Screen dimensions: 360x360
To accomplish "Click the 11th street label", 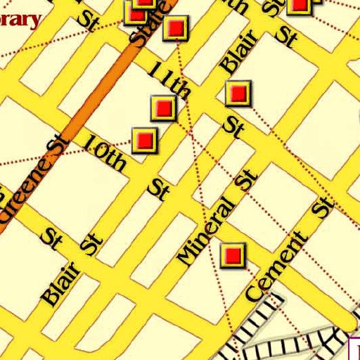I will point(170,80).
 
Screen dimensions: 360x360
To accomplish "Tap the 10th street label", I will point(104,152).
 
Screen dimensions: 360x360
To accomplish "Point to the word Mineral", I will point(205,231).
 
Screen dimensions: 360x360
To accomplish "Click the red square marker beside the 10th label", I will point(145,139).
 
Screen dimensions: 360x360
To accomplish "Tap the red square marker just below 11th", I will point(163,108).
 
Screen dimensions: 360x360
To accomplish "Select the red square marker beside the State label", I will point(175,28).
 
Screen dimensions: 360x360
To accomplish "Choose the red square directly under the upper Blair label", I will point(238,93).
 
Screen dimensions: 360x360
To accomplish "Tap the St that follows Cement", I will point(323,205).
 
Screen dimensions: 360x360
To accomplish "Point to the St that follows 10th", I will point(159,188).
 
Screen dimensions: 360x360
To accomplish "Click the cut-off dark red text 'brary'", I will point(20,18).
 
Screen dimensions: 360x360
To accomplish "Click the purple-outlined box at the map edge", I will point(355,349).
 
